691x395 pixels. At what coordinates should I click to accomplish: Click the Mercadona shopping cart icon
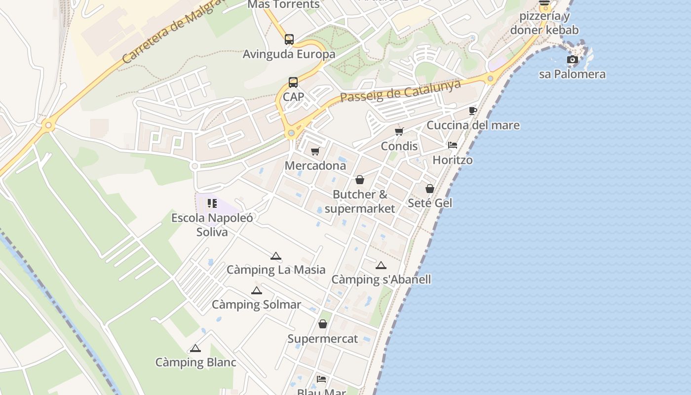[x=315, y=151]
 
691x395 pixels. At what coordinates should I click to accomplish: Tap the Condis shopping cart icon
[x=399, y=131]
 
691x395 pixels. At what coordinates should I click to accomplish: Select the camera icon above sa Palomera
[x=573, y=60]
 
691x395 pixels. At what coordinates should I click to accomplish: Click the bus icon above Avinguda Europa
[x=289, y=39]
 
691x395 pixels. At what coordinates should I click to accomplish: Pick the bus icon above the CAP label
[x=293, y=82]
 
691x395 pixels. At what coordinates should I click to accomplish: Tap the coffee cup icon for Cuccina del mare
[x=473, y=111]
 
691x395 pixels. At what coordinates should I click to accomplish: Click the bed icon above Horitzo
[x=453, y=145]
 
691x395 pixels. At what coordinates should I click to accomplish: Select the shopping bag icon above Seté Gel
[x=430, y=188]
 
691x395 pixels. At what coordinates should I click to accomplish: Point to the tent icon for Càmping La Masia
[x=276, y=256]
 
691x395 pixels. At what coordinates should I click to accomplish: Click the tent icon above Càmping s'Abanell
[x=381, y=266]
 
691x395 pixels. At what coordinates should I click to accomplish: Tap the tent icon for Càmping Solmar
[x=256, y=290]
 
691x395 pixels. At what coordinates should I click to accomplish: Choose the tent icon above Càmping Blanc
[x=195, y=348]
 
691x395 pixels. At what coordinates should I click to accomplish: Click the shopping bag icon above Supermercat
[x=323, y=324]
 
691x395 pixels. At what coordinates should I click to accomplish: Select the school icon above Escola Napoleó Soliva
[x=212, y=203]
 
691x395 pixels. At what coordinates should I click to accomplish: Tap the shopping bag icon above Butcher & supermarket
[x=360, y=180]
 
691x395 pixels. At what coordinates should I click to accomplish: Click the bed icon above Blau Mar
[x=322, y=379]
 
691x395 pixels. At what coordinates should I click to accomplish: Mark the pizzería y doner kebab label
[x=544, y=23]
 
